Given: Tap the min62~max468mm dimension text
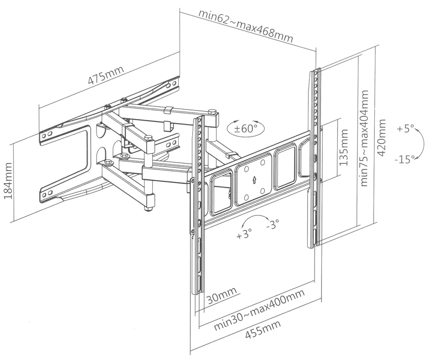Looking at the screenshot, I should coord(246,26).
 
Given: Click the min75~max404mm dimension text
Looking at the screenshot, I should coord(364,137).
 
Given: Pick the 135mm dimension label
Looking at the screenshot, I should coord(344,148).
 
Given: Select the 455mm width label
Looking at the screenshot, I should coord(262,330).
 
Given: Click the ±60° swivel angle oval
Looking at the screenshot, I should coord(246,127).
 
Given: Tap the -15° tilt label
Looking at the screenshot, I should coord(405,159).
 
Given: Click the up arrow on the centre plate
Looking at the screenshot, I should coord(254,180).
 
